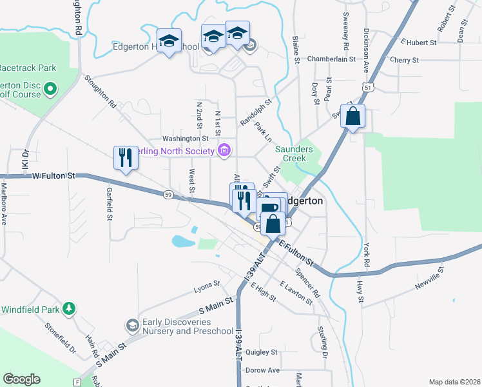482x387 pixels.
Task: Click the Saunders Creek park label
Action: [x=294, y=154]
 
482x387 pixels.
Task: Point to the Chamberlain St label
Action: [x=331, y=59]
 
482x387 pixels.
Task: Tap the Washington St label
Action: [x=186, y=138]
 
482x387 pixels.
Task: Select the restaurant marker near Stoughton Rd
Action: [x=124, y=158]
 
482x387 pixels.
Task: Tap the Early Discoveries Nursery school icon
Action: [x=132, y=324]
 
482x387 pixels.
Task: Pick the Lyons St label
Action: [x=207, y=284]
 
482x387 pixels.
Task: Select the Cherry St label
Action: [x=405, y=60]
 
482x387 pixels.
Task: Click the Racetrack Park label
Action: [x=28, y=68]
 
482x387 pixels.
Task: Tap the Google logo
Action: [x=21, y=379]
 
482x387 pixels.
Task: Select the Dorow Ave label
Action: [x=262, y=370]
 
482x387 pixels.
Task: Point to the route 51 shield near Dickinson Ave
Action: [x=367, y=86]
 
